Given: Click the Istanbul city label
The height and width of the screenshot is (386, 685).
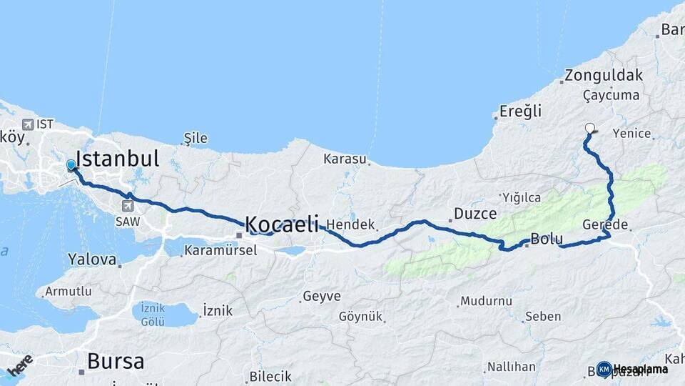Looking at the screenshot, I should [117, 159].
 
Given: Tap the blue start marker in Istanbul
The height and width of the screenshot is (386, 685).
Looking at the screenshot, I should [71, 166].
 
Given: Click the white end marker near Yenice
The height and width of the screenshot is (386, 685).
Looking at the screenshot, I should [590, 129].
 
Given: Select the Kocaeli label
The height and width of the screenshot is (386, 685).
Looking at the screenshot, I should [282, 224].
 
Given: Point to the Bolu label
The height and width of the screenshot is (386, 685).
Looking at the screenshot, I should [547, 239].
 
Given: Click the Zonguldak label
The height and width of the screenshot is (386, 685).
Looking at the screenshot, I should [603, 75].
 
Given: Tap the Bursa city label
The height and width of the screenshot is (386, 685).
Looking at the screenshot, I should [115, 361].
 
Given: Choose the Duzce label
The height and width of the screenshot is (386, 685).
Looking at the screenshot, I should [475, 213].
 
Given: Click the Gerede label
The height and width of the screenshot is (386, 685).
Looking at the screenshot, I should [605, 224].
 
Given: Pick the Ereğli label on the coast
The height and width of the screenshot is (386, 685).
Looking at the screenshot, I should [520, 111].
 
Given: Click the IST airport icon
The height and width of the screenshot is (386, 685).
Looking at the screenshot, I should [28, 124].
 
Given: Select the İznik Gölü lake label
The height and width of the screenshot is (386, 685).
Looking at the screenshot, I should [153, 315].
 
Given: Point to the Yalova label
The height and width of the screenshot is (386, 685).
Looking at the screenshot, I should [92, 259].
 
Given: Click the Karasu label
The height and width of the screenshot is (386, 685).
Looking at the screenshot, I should [345, 159].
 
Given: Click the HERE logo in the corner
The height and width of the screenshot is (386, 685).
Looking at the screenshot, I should [19, 365].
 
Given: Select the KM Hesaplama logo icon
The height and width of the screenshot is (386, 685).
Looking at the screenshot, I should [604, 369].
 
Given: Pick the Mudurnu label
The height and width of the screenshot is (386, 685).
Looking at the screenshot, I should [486, 301].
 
